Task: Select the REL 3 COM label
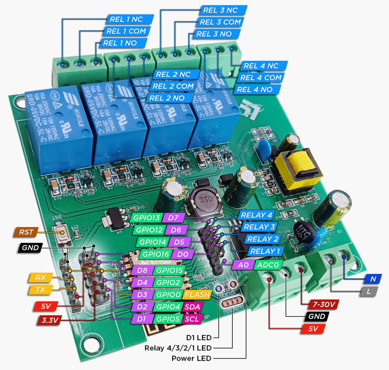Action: [220, 22]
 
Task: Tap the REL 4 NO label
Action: [259, 90]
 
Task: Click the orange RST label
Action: [26, 232]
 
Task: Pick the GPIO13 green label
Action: [146, 218]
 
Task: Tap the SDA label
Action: [193, 307]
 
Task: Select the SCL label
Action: [192, 319]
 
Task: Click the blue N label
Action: [373, 279]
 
